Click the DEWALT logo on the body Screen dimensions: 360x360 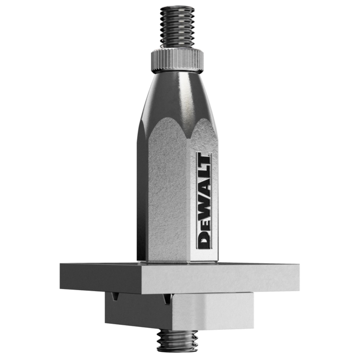(x=204, y=201)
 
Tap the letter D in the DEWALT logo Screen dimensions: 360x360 (x=204, y=240)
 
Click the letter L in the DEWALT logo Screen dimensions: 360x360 (x=204, y=172)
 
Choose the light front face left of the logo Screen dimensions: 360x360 (x=175, y=206)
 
